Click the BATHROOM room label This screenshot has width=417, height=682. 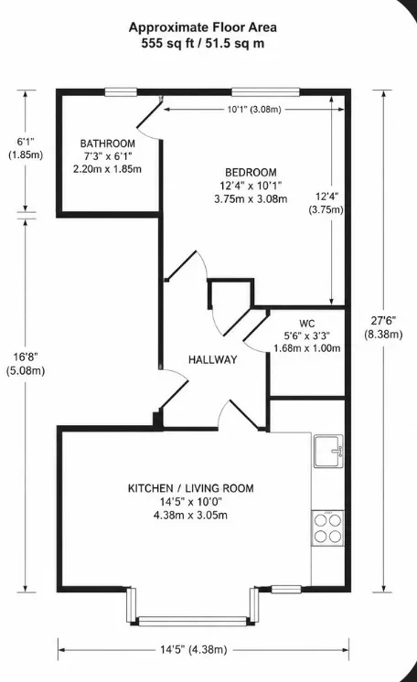tap(108, 144)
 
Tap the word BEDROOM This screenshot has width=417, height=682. tap(251, 172)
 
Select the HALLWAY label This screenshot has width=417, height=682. tap(213, 359)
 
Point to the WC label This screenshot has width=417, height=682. tap(307, 324)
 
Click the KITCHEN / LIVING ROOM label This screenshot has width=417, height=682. tap(190, 488)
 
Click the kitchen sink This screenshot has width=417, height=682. tap(329, 451)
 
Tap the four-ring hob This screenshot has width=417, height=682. tap(328, 528)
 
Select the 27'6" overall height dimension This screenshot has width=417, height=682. tap(383, 327)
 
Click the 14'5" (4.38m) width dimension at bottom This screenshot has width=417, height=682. tap(193, 650)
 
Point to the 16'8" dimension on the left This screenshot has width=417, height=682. tap(26, 363)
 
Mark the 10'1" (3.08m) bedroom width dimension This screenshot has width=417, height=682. tap(254, 109)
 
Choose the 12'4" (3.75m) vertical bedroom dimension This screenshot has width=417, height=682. tap(326, 203)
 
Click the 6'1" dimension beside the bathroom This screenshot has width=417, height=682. tap(26, 148)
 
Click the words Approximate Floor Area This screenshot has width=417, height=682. tap(203, 27)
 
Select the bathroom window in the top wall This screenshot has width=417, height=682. tap(121, 91)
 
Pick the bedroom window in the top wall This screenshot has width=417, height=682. tap(265, 91)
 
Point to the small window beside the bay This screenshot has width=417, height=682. tap(286, 590)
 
